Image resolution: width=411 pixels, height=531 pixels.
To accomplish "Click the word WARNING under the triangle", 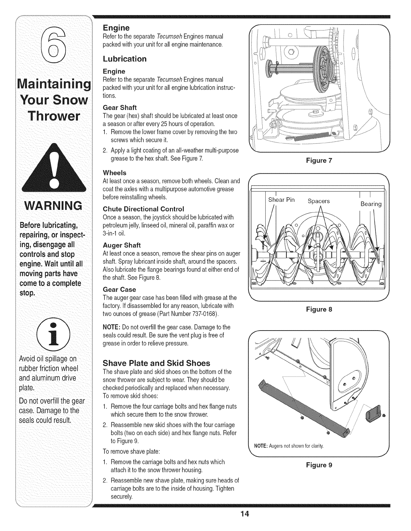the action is [x=51, y=205].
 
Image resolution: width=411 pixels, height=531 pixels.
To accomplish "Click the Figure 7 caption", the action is [x=319, y=160].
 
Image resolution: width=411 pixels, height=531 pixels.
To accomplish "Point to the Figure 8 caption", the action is [x=319, y=309].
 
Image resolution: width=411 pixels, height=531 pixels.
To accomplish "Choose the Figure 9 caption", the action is [x=319, y=465].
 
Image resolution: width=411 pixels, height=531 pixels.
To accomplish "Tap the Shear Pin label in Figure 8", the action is [x=281, y=200].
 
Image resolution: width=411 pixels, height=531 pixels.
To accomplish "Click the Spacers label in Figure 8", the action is [x=319, y=201].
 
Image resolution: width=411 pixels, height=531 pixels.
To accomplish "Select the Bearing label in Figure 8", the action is [x=371, y=204].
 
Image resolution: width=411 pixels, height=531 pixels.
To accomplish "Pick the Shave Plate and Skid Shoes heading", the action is [x=156, y=363].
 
